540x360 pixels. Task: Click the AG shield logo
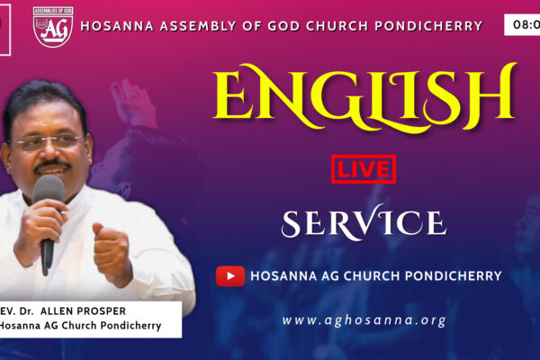(53, 27)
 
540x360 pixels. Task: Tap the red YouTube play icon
(230, 276)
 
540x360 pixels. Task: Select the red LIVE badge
(364, 169)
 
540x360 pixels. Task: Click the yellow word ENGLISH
(365, 97)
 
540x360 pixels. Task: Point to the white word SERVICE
(364, 222)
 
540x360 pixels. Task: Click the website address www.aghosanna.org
(364, 320)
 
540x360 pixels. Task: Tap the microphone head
(49, 192)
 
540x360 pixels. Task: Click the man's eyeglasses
(49, 141)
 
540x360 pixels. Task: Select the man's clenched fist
(111, 252)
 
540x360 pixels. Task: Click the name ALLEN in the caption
(57, 311)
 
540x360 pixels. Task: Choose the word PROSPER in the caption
(101, 311)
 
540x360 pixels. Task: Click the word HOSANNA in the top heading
(117, 26)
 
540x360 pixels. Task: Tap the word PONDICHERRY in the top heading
(428, 26)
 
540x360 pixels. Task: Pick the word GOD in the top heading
(284, 26)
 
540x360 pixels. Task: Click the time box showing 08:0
(522, 25)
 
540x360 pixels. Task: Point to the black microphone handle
(47, 255)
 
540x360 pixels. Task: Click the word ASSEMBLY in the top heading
(198, 26)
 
